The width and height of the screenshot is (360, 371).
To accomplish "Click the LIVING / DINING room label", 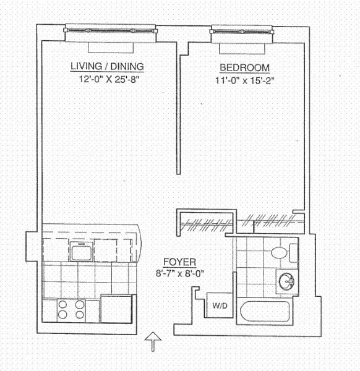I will coord(108,67).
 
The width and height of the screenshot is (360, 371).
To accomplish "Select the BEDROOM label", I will coord(244,67).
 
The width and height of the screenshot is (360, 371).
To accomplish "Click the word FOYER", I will coord(179,262).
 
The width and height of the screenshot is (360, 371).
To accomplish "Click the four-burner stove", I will coord(71,309).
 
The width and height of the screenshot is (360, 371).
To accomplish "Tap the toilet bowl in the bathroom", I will coord(279,252).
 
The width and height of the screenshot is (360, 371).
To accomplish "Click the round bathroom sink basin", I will coord(286,282).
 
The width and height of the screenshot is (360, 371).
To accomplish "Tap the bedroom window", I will coord(241,29).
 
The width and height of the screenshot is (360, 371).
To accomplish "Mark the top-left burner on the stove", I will coord(62,303).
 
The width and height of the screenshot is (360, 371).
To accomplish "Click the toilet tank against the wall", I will coord(293,252).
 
